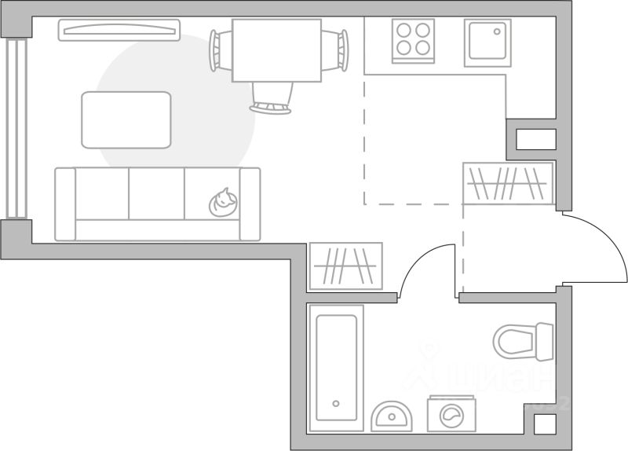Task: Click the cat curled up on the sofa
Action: (223, 203)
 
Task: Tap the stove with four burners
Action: (414, 40)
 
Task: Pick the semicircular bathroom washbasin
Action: (391, 416)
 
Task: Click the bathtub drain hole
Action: (336, 404)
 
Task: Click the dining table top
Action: (277, 49)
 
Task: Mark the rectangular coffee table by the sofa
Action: (126, 119)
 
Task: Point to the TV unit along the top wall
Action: (119, 30)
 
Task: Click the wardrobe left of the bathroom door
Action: (346, 266)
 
